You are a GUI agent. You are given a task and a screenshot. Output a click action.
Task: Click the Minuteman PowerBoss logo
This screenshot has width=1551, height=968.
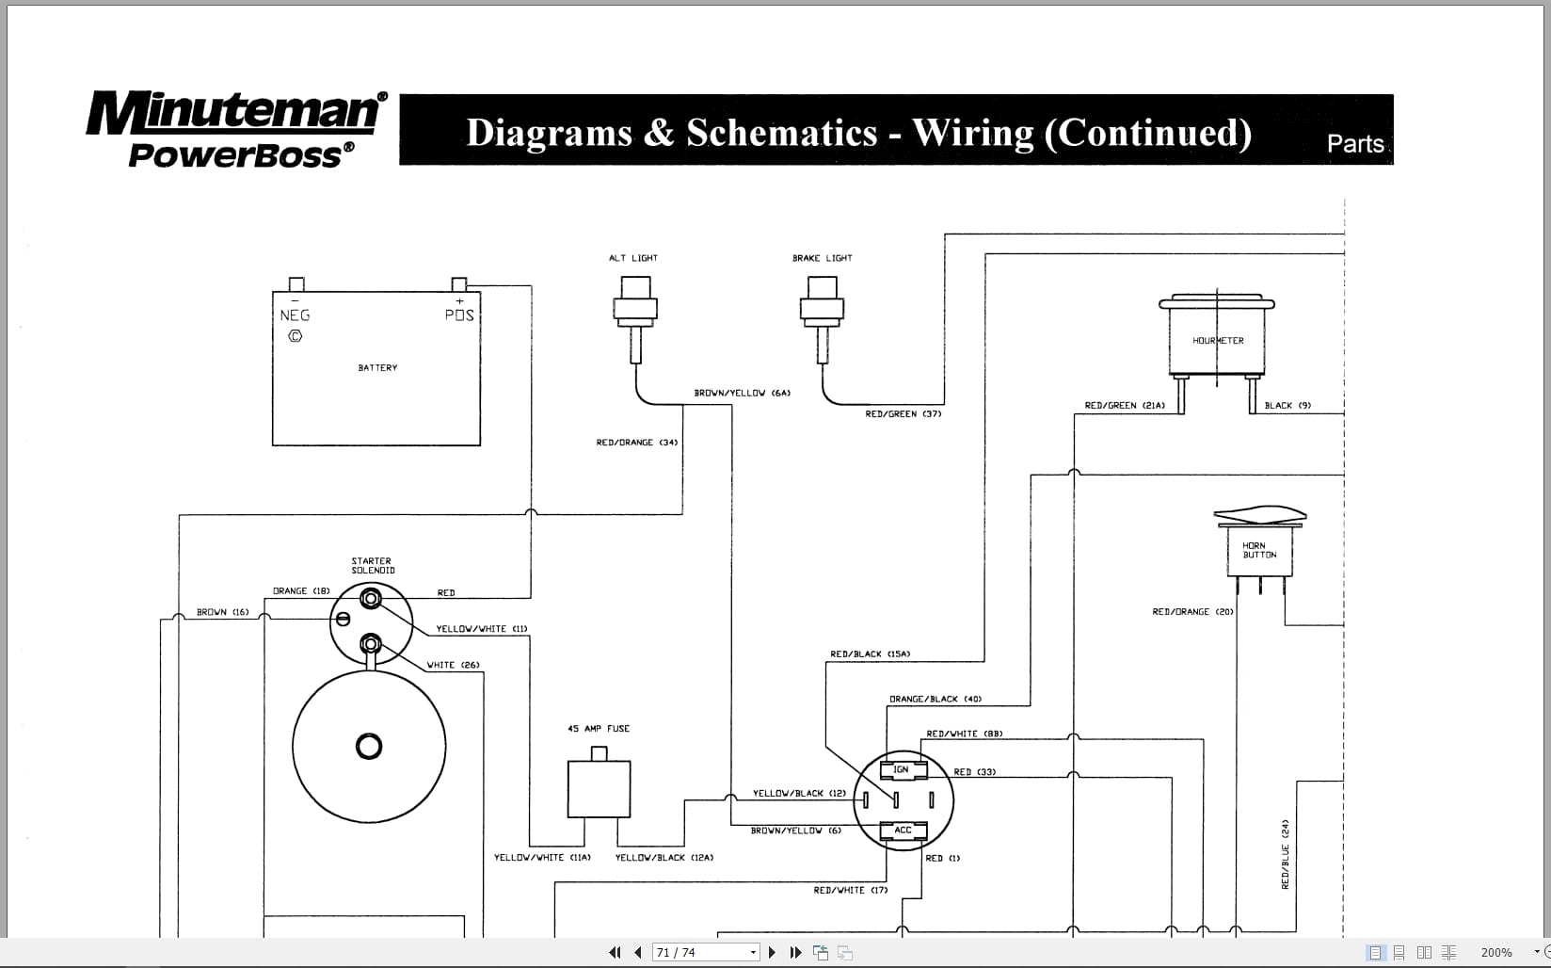tap(235, 129)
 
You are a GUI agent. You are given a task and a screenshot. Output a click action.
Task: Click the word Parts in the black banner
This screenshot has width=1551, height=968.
tap(1355, 143)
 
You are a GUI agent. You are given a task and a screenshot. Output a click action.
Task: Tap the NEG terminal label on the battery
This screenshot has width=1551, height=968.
tap(295, 315)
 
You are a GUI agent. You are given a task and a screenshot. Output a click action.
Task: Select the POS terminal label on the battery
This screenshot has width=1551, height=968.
tap(459, 315)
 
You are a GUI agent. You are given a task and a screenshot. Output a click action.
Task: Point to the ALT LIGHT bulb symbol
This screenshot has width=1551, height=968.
tap(635, 311)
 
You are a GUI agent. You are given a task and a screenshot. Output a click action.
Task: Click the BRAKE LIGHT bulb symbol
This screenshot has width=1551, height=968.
tap(822, 311)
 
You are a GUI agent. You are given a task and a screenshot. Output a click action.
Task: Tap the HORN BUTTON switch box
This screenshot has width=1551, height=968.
tap(1259, 550)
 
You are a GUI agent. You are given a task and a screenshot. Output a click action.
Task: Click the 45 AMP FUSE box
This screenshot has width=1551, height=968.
tap(599, 787)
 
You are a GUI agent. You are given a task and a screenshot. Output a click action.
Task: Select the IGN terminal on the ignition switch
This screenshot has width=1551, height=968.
tap(902, 769)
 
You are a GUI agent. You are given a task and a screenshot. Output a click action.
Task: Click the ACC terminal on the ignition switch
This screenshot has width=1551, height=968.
tap(903, 830)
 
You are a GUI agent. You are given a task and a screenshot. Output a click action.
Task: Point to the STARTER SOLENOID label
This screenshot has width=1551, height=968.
tap(373, 565)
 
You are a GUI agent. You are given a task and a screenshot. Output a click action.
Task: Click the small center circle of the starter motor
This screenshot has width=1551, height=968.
tap(369, 747)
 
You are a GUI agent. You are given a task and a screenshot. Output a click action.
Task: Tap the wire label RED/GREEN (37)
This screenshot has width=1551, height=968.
tap(903, 413)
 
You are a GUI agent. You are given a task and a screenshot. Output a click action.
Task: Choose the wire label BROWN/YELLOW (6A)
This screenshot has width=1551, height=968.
tap(742, 393)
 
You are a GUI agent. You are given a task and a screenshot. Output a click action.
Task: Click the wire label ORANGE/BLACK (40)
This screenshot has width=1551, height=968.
tap(935, 699)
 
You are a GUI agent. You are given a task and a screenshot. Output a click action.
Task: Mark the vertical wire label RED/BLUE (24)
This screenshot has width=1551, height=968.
tap(1285, 854)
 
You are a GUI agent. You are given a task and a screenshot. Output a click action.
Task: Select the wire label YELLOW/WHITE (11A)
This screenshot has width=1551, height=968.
tap(542, 857)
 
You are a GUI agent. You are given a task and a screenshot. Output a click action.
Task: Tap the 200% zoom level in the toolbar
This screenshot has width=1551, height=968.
tap(1495, 952)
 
